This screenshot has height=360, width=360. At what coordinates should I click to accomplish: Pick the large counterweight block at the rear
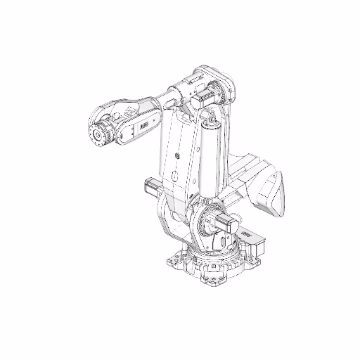point(271,191)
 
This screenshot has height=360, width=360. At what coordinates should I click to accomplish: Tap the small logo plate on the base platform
point(246,233)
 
